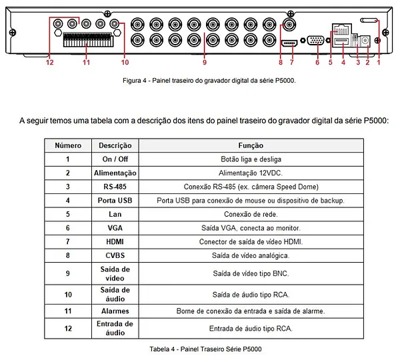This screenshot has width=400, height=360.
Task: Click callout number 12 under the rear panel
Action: tap(49, 63)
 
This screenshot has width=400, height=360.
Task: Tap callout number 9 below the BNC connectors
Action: tap(205, 63)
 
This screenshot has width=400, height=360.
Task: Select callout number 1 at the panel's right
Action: tap(379, 63)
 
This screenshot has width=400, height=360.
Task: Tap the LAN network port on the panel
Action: tap(340, 30)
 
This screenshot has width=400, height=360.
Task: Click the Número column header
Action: tap(68, 145)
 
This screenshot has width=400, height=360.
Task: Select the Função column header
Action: tap(251, 145)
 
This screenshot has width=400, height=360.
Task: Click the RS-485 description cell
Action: tap(111, 187)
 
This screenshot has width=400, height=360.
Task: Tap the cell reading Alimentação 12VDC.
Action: tap(251, 173)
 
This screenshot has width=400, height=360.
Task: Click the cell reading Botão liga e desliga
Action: tap(251, 159)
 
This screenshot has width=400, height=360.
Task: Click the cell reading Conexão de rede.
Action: tap(251, 214)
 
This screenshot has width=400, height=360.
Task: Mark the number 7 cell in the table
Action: tap(68, 241)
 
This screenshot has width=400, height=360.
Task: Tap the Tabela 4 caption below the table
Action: tap(200, 349)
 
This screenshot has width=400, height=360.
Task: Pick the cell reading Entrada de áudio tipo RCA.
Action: tap(251, 328)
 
